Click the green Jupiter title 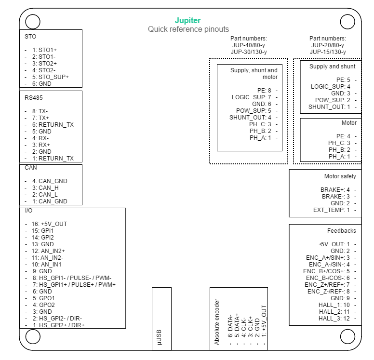pyautogui.click(x=187, y=21)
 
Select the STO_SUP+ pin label pyautogui.click(x=51, y=77)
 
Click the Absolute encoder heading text pyautogui.click(x=217, y=321)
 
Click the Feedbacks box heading pyautogui.click(x=342, y=231)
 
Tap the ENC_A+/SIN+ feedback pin pyautogui.click(x=328, y=258)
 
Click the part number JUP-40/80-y pyautogui.click(x=249, y=45)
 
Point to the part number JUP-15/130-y pyautogui.click(x=328, y=52)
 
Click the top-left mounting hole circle pyautogui.click(x=33, y=22)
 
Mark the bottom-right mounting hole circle pyautogui.click(x=347, y=337)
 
